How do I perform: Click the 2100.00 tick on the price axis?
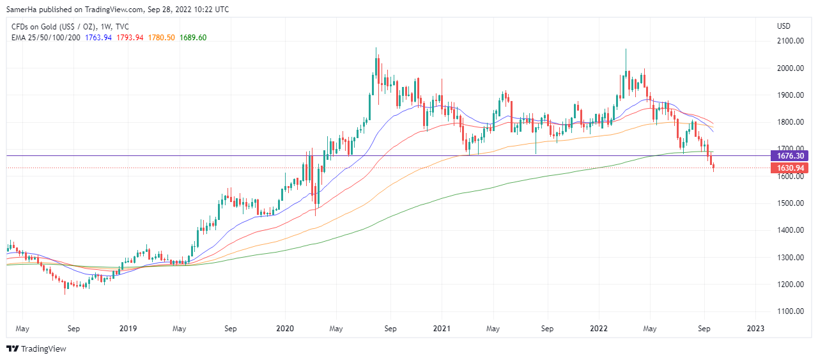pyautogui.click(x=790, y=41)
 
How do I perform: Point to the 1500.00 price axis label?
pyautogui.click(x=790, y=203)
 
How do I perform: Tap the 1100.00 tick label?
pyautogui.click(x=790, y=311)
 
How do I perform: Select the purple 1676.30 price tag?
pyautogui.click(x=790, y=156)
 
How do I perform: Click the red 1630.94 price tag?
pyautogui.click(x=790, y=168)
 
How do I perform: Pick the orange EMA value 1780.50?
pyautogui.click(x=162, y=38)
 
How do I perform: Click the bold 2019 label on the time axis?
pyautogui.click(x=128, y=329)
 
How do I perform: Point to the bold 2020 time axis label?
pyautogui.click(x=284, y=329)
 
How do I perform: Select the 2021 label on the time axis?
pyautogui.click(x=442, y=329)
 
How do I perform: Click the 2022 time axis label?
pyautogui.click(x=599, y=329)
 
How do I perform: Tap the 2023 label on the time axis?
pyautogui.click(x=755, y=329)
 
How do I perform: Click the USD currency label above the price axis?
pyautogui.click(x=784, y=26)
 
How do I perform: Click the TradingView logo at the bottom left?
pyautogui.click(x=36, y=348)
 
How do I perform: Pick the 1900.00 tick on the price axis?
pyautogui.click(x=790, y=95)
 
